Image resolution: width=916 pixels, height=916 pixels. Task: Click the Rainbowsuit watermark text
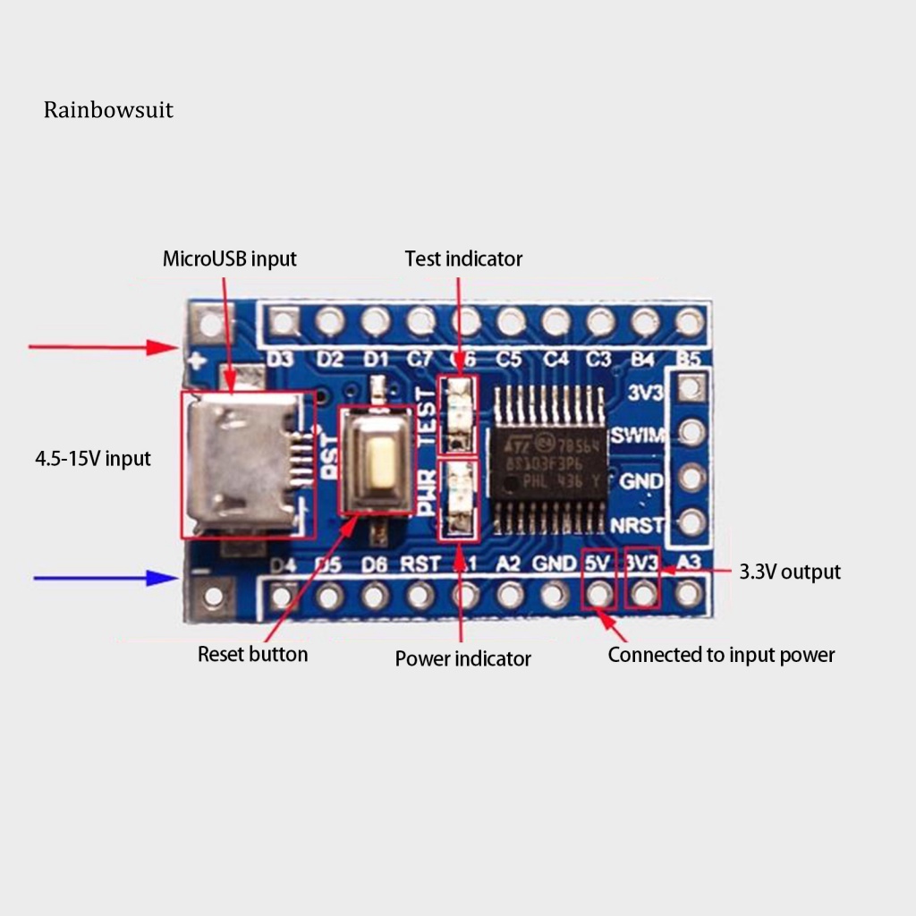click(x=108, y=110)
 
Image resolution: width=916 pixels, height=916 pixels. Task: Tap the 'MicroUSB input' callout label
click(x=229, y=259)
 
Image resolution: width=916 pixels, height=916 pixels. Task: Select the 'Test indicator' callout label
click(x=463, y=259)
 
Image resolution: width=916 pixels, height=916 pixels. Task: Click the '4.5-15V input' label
click(x=93, y=459)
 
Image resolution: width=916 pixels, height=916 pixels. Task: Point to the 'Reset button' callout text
click(x=252, y=654)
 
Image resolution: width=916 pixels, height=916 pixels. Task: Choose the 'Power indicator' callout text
click(x=462, y=659)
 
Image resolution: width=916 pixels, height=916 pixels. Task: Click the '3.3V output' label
click(x=790, y=572)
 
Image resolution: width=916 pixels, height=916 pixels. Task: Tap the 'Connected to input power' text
click(x=721, y=655)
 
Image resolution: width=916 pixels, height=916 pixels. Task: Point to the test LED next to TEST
click(x=458, y=412)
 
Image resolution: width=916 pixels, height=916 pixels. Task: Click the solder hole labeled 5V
click(x=598, y=593)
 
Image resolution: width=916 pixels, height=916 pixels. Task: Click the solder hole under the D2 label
click(x=330, y=319)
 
